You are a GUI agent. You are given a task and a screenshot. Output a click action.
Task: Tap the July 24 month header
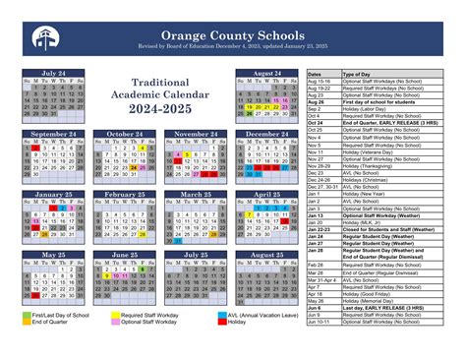coord(54,74)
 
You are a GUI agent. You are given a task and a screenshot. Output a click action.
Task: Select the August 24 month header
coord(266,74)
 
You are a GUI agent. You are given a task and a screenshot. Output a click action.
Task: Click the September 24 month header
coord(54,134)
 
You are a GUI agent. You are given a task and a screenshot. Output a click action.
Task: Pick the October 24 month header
coord(125,134)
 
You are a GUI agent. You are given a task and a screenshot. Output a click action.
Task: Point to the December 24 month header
coord(266,134)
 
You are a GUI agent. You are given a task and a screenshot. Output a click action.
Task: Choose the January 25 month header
coord(54,195)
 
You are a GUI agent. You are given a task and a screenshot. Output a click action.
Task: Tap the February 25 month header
coord(125,195)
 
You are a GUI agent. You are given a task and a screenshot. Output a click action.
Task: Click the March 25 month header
coord(196,195)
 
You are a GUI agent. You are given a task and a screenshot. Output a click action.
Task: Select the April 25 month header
coord(266,195)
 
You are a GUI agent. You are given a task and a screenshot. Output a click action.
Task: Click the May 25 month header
coord(54,255)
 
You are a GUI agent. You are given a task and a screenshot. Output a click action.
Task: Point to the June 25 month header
coord(125,255)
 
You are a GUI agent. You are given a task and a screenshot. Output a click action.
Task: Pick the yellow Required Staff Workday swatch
coord(114,314)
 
